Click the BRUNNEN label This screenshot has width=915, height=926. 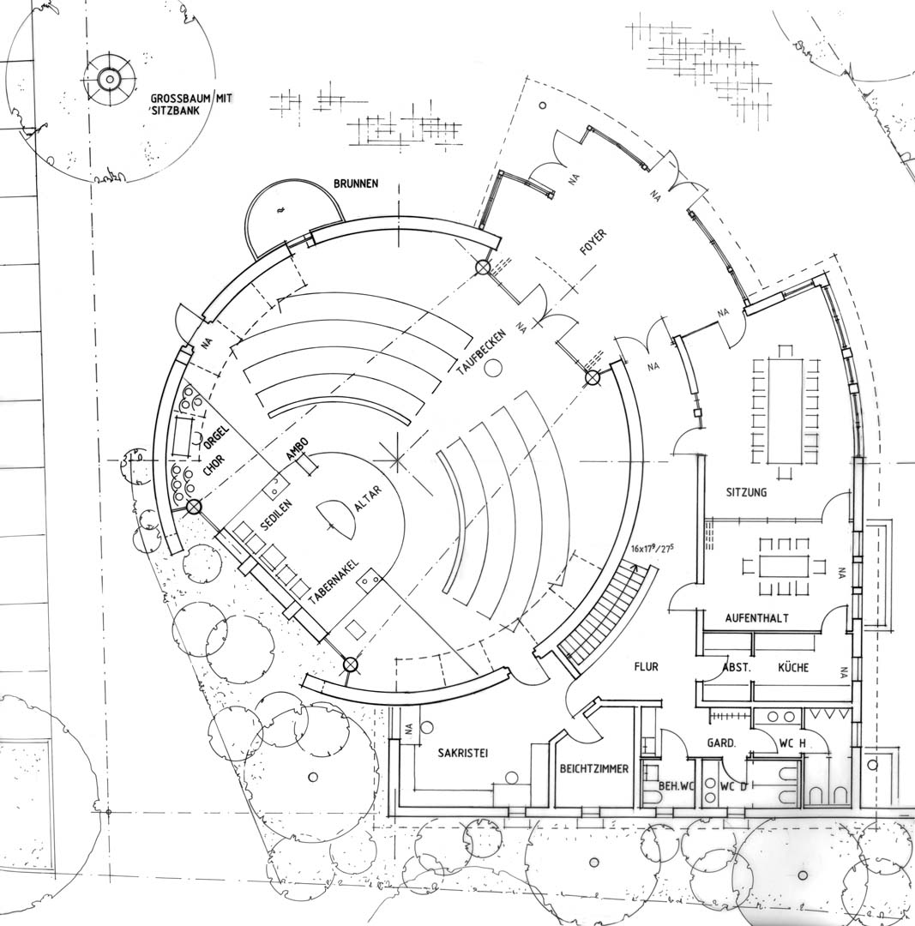tap(356, 183)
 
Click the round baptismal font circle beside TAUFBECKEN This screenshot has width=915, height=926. tap(493, 369)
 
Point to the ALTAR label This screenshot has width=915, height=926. tap(368, 498)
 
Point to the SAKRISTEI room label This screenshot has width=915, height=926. tap(463, 753)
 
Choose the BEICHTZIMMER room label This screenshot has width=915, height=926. tap(594, 769)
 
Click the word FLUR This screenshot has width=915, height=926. tap(647, 667)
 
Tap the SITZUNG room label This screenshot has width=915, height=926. tap(747, 492)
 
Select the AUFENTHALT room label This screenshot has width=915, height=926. tap(756, 618)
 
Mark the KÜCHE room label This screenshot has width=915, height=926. tap(793, 667)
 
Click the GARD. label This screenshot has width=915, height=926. tap(721, 743)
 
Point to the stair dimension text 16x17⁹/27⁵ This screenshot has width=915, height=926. tap(653, 548)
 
